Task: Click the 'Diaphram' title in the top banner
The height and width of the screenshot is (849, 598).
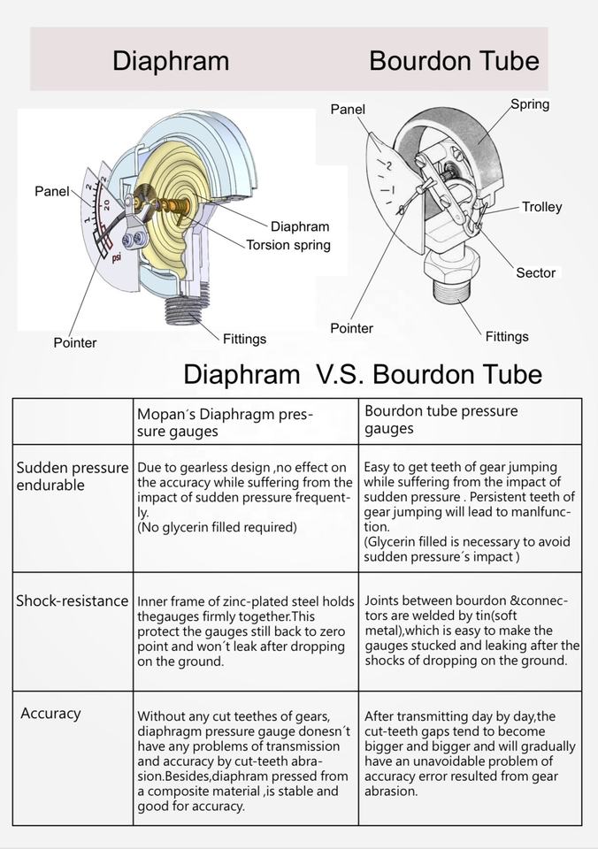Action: (171, 60)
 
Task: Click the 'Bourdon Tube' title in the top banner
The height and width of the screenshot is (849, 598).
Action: (454, 60)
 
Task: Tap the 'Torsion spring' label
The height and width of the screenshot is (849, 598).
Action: (288, 245)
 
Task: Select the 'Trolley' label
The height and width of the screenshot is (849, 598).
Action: (541, 207)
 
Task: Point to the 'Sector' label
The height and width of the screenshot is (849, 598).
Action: (535, 272)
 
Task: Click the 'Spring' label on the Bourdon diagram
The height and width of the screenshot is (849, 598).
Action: (530, 104)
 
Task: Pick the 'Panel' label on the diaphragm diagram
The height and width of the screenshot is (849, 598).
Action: (51, 191)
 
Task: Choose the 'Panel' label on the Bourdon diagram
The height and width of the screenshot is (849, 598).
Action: (348, 109)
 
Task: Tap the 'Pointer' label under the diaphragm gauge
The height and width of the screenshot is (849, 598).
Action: (75, 342)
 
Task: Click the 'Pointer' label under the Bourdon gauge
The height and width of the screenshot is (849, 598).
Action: (351, 328)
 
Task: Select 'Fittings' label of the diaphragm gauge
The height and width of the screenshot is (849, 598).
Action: (244, 339)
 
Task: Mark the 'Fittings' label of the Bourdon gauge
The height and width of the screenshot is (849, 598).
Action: (507, 336)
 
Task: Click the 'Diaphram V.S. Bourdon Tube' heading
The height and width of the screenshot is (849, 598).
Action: (362, 374)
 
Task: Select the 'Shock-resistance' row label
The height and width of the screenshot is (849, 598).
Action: (73, 600)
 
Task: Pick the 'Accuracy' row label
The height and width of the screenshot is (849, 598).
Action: (50, 713)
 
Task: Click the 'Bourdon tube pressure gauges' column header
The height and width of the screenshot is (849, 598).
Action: (441, 420)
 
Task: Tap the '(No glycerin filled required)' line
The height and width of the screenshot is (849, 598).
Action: (217, 527)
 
